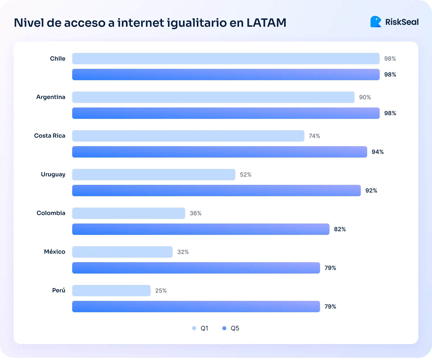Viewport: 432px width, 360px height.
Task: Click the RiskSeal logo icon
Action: [x=376, y=22]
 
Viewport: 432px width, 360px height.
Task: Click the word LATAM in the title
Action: [x=266, y=23]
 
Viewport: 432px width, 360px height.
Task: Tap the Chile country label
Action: [x=57, y=59]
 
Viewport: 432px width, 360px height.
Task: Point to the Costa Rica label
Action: [x=50, y=136]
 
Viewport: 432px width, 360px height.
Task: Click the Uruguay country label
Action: [x=53, y=174]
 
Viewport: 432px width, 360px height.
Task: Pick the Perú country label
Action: [x=59, y=290]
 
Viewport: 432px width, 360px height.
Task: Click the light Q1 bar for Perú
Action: [x=111, y=291]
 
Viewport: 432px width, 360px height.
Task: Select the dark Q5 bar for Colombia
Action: [x=201, y=229]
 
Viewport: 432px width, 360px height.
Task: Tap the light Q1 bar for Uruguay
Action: [x=153, y=175]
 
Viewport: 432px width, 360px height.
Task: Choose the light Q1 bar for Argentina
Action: [x=213, y=97]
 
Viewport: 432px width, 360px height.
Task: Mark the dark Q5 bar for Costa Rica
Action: [x=219, y=152]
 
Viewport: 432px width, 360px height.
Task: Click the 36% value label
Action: [x=196, y=213]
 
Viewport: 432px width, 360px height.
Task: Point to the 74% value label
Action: [x=314, y=136]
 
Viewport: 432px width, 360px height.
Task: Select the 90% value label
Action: [x=365, y=97]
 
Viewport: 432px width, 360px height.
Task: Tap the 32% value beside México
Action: [x=183, y=252]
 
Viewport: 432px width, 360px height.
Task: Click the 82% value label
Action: [x=340, y=229]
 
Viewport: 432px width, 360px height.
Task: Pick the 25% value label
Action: [x=161, y=291]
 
